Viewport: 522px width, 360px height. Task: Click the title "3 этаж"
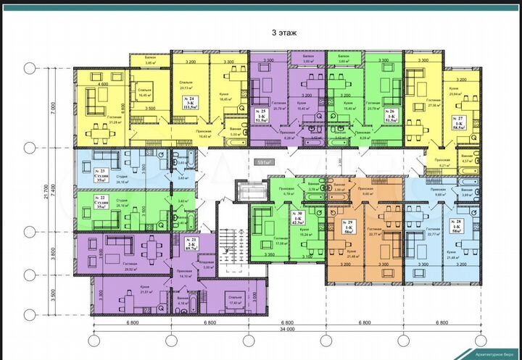pyautogui.click(x=285, y=33)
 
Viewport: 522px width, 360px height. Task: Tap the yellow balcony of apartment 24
pyautogui.click(x=151, y=61)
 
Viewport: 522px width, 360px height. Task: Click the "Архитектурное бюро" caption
pyautogui.click(x=492, y=353)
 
